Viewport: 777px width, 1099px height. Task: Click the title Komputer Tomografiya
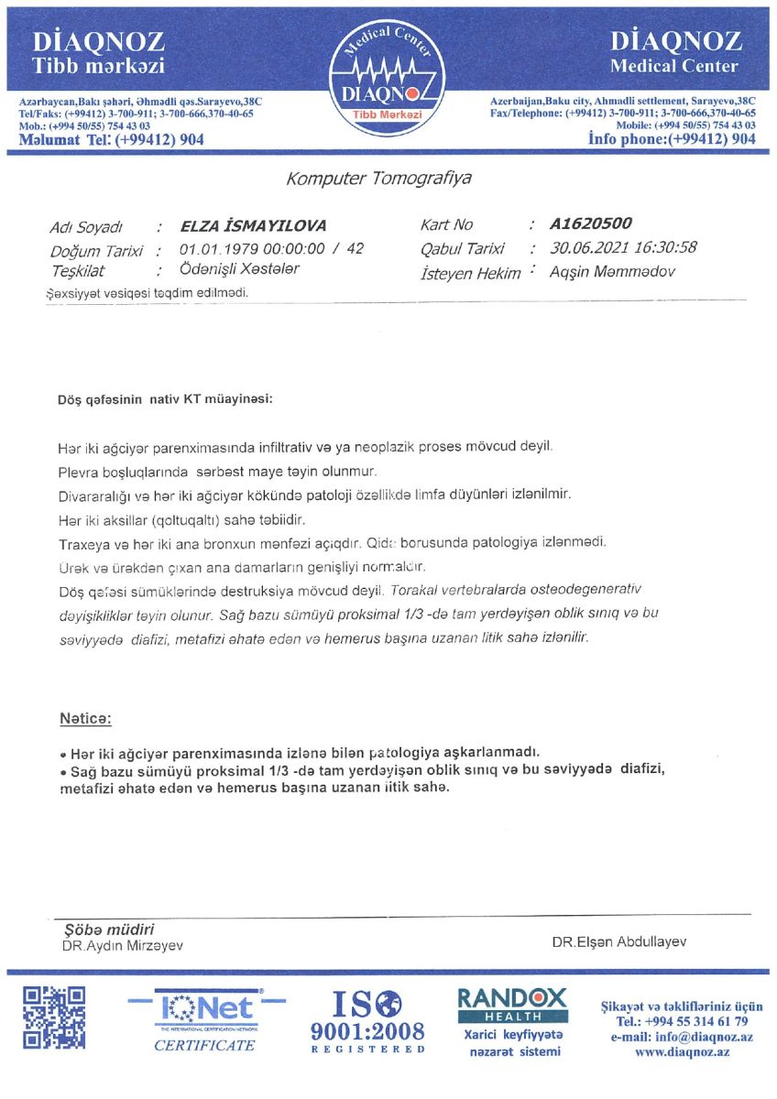(x=378, y=179)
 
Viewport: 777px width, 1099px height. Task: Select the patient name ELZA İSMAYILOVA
(x=253, y=226)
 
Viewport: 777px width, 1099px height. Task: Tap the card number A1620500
(x=591, y=223)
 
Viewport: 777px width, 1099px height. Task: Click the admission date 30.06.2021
(x=586, y=247)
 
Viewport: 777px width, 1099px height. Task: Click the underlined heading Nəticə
(x=85, y=719)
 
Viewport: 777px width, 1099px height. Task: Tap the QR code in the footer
(x=54, y=1017)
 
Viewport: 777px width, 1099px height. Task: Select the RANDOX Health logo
(x=512, y=1005)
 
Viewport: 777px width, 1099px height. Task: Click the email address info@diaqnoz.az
(x=682, y=1037)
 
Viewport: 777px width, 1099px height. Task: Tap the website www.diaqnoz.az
(x=682, y=1052)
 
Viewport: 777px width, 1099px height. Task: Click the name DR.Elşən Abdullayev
(x=618, y=941)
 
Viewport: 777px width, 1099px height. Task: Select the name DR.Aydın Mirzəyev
(x=122, y=945)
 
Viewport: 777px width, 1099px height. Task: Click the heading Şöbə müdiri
(x=104, y=928)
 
